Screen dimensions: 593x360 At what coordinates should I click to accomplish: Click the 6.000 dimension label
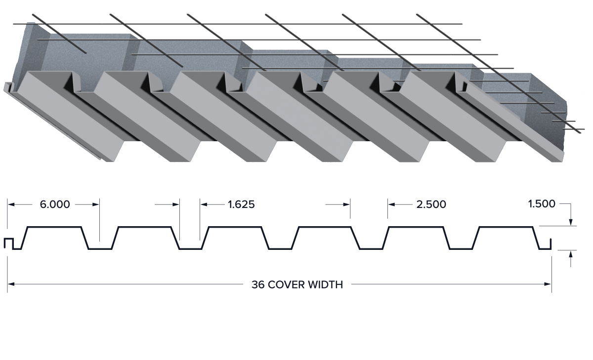pyautogui.click(x=55, y=204)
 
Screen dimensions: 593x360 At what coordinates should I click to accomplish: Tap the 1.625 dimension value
pyautogui.click(x=241, y=204)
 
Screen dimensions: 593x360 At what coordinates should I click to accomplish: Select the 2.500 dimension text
pyautogui.click(x=431, y=204)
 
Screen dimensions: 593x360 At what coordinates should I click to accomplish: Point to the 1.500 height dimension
pyautogui.click(x=542, y=204)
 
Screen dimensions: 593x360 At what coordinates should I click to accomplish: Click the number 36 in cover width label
pyautogui.click(x=258, y=284)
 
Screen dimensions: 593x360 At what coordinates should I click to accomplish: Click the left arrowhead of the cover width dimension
pyautogui.click(x=11, y=284)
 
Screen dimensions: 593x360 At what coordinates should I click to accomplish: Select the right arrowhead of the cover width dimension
pyautogui.click(x=548, y=284)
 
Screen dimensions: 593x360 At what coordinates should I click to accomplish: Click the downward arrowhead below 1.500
pyautogui.click(x=571, y=222)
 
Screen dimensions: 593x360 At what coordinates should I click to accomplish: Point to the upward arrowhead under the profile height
pyautogui.click(x=571, y=254)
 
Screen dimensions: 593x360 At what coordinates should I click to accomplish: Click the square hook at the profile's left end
pyautogui.click(x=8, y=243)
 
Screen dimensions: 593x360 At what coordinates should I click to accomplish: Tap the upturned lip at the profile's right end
pyautogui.click(x=551, y=244)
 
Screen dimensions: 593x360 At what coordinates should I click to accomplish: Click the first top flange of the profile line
pyautogui.click(x=54, y=227)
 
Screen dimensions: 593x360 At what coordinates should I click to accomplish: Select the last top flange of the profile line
pyautogui.click(x=506, y=227)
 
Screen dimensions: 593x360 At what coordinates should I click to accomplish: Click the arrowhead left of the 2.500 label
pyautogui.click(x=391, y=204)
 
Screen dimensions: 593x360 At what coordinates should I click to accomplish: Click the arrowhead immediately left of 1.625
pyautogui.click(x=204, y=204)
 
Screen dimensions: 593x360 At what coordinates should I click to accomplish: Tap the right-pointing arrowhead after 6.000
pyautogui.click(x=96, y=204)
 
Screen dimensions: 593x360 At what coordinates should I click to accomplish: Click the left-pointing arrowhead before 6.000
pyautogui.click(x=11, y=204)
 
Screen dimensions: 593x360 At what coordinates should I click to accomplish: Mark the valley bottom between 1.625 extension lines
pyautogui.click(x=190, y=249)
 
